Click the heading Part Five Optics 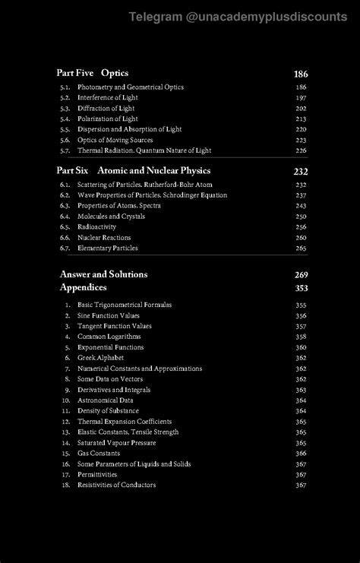coord(92,73)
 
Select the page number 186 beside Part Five coord(301,74)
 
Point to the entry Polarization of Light coord(108,119)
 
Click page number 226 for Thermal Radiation coord(301,151)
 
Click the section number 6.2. coord(65,195)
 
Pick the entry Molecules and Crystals coord(111,217)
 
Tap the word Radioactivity coord(96,227)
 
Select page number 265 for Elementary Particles coord(301,248)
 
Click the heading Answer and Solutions coord(103,274)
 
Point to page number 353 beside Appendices coord(301,288)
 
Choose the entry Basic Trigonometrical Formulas coord(125,305)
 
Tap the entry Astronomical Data coord(106,400)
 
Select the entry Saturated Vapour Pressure coord(116,443)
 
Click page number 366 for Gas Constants coord(301,454)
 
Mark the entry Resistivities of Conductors coord(116,486)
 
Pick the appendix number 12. coord(66,422)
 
